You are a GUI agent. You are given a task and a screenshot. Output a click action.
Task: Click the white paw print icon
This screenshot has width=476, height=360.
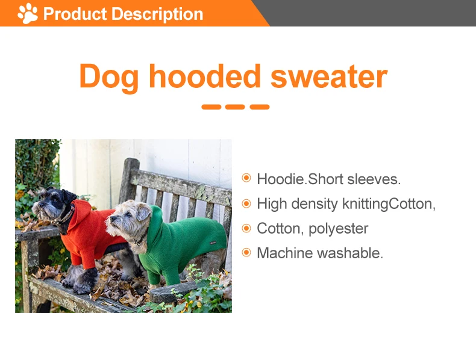[x=28, y=13]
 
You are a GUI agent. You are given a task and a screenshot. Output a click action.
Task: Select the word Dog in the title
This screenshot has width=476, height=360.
[x=109, y=77]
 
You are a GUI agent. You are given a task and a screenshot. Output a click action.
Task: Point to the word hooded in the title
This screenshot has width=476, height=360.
[x=205, y=77]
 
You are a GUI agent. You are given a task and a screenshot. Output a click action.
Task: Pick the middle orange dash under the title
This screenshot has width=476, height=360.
[x=236, y=107]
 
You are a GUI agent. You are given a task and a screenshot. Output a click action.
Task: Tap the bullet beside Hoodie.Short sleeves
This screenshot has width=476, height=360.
[x=246, y=178]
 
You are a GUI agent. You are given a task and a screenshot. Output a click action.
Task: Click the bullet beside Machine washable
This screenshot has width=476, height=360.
[x=246, y=253]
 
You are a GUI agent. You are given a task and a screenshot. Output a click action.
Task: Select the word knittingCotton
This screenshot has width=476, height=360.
[x=389, y=203]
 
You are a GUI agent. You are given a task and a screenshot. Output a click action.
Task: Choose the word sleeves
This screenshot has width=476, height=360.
[x=375, y=179]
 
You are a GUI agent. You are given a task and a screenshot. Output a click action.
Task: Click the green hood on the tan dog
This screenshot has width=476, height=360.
[x=158, y=223]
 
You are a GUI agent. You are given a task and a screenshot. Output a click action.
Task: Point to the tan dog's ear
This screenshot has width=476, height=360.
[x=143, y=212]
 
